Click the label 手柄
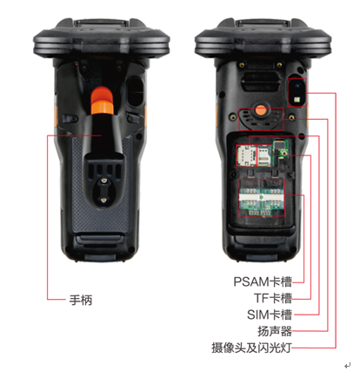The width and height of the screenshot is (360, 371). coord(81,300)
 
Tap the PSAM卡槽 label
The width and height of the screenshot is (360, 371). coord(263,282)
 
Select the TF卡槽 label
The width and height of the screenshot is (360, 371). coord(273,298)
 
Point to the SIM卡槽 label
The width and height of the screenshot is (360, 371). coord(270,315)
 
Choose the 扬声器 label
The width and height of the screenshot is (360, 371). coord(275,331)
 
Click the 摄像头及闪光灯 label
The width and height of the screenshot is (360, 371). coord(251,348)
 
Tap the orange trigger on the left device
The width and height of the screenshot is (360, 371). coord(102,100)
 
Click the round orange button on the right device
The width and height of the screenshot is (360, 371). coord(261,110)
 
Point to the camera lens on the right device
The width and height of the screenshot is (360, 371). coord(297,86)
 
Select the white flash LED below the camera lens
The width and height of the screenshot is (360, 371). coord(297,100)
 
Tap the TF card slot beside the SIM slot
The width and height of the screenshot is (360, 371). coord(263,156)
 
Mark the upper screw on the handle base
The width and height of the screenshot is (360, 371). coord(103,182)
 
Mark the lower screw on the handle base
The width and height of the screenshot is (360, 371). coord(103,199)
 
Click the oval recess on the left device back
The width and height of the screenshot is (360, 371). coord(135,91)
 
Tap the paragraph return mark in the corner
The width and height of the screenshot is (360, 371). coord(347,365)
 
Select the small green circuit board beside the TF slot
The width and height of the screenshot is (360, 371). coord(280,149)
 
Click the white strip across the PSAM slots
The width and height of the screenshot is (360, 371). coord(261,197)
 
